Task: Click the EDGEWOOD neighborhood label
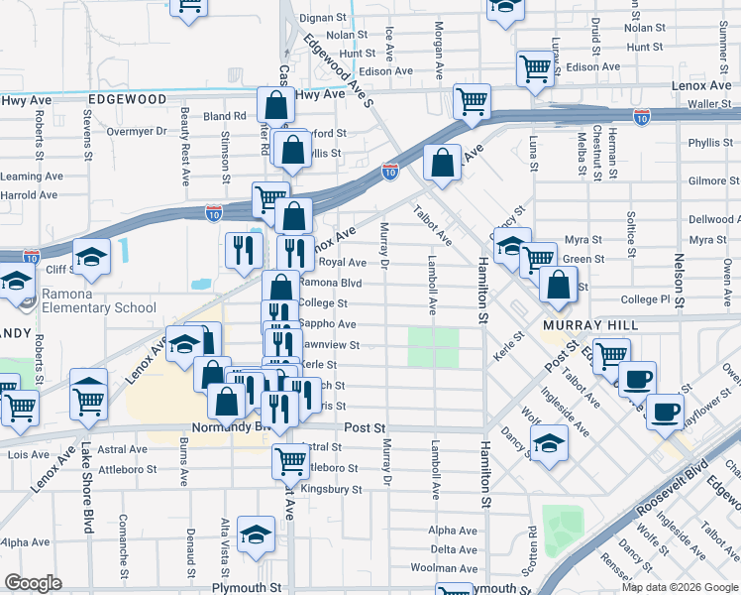click(x=127, y=99)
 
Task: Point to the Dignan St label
click(x=323, y=18)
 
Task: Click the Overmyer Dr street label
click(x=137, y=131)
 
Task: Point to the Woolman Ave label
click(x=455, y=567)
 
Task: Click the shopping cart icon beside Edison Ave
click(x=535, y=68)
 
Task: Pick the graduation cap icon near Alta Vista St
click(x=256, y=535)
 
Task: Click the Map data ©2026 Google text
click(x=679, y=587)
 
